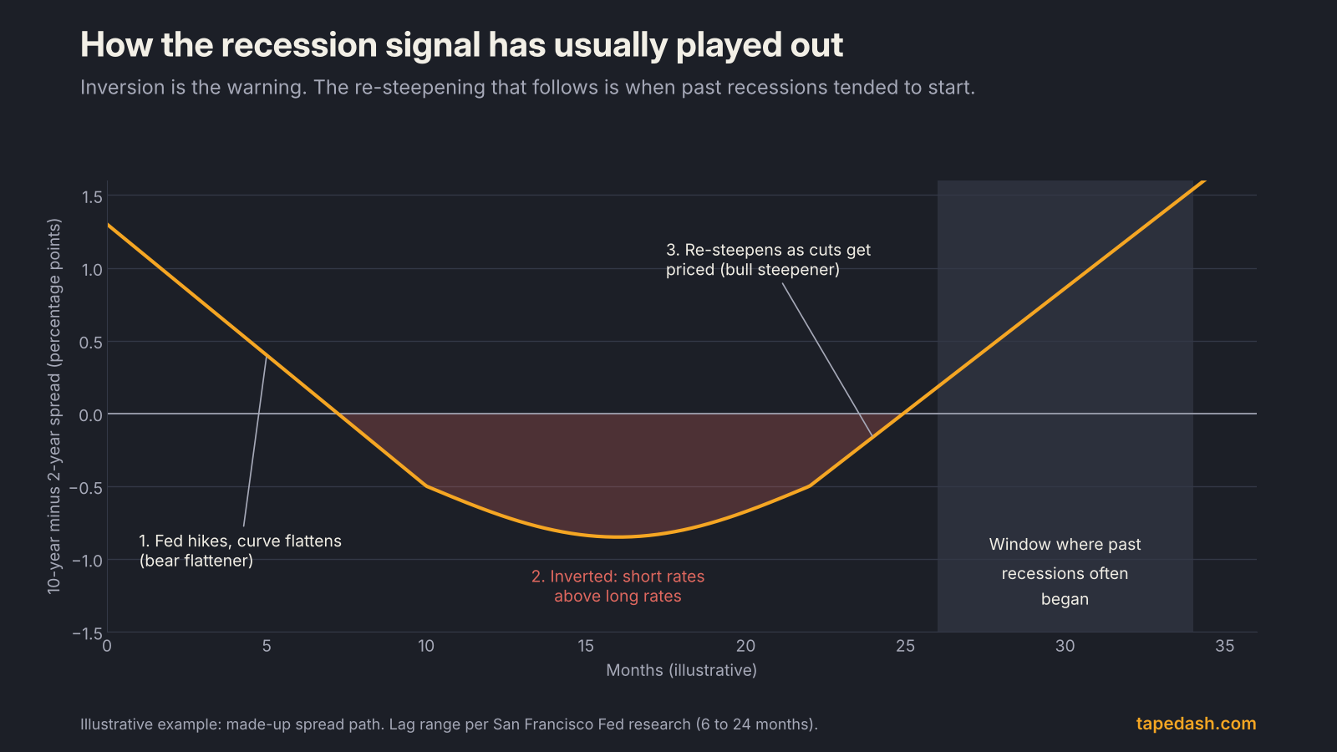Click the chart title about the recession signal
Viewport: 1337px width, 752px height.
(x=461, y=45)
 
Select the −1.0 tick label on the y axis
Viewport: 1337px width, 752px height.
(x=87, y=561)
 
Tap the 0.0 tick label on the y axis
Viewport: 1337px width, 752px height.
(x=91, y=414)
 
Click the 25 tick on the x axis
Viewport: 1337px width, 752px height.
(x=905, y=646)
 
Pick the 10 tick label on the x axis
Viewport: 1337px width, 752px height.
(x=425, y=646)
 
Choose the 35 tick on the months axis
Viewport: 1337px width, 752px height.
(x=1224, y=646)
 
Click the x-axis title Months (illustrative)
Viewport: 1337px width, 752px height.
(x=682, y=670)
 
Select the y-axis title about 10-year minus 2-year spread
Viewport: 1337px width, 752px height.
(x=54, y=406)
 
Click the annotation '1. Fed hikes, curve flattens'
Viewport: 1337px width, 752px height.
(x=240, y=541)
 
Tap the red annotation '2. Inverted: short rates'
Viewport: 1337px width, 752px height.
(x=618, y=577)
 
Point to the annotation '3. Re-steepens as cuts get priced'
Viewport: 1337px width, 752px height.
(x=768, y=260)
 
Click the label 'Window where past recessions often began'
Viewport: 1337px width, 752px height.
(x=1065, y=572)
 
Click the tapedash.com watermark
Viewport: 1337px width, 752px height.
(x=1196, y=724)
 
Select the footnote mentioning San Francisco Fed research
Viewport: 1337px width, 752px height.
(x=449, y=724)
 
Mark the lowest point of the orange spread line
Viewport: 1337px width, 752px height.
(x=618, y=537)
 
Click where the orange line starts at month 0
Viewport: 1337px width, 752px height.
(x=108, y=225)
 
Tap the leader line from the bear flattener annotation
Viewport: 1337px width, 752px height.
(x=255, y=441)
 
